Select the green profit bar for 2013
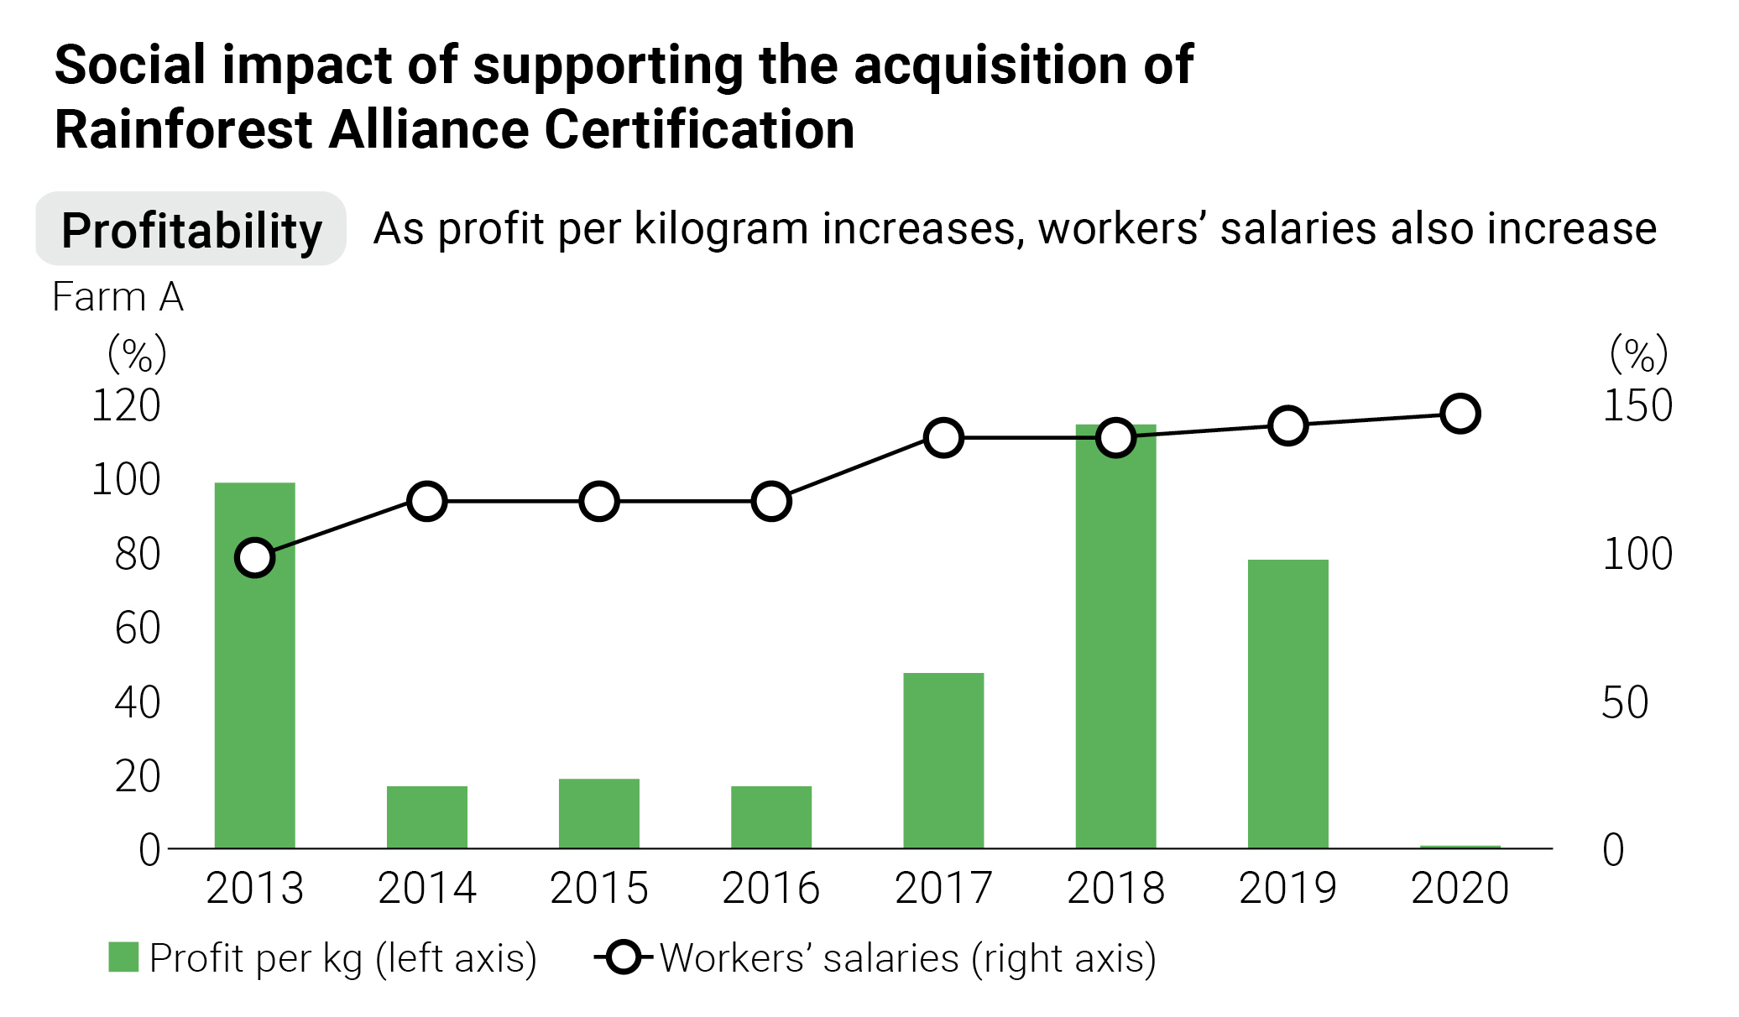point(254,671)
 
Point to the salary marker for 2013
point(254,557)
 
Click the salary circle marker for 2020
point(1460,414)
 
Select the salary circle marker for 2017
point(943,438)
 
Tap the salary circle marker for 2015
point(598,502)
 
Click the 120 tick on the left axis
point(126,406)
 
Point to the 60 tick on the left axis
point(137,628)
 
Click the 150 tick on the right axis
point(1637,406)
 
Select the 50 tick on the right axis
point(1625,702)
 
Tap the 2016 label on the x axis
point(770,889)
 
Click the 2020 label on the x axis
point(1460,889)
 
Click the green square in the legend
point(123,957)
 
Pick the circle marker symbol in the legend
point(624,957)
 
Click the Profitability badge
point(191,230)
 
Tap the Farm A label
point(117,297)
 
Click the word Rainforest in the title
point(184,130)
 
